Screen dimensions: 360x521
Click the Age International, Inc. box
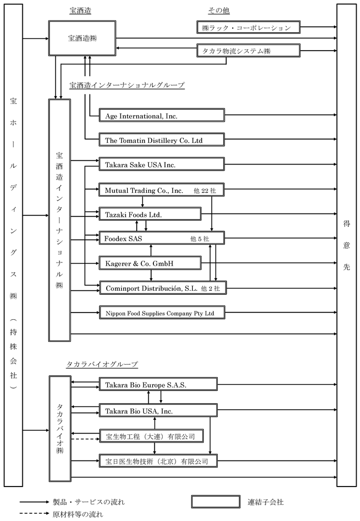(162, 115)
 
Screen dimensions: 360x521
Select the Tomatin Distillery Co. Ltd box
(162, 140)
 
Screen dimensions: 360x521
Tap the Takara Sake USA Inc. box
(162, 165)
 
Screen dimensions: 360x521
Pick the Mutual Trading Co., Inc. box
(162, 190)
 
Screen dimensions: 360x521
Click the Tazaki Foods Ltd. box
(150, 214)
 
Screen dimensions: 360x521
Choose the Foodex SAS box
(162, 238)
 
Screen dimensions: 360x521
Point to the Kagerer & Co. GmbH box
(150, 263)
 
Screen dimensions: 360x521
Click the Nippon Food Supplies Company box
(162, 312)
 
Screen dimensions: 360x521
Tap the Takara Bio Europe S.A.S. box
(158, 384)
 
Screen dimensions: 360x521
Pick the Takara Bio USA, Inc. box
(158, 411)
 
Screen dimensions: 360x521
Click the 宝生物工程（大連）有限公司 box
(152, 436)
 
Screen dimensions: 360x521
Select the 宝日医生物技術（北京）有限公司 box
(158, 461)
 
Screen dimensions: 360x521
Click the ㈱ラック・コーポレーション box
(248, 28)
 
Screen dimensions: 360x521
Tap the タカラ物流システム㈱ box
(248, 51)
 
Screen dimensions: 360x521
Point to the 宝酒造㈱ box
(82, 38)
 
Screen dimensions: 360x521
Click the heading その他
(219, 11)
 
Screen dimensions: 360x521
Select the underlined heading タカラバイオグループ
(102, 365)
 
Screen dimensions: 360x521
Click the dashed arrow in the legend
(34, 514)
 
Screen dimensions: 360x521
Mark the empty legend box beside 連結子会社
(216, 502)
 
